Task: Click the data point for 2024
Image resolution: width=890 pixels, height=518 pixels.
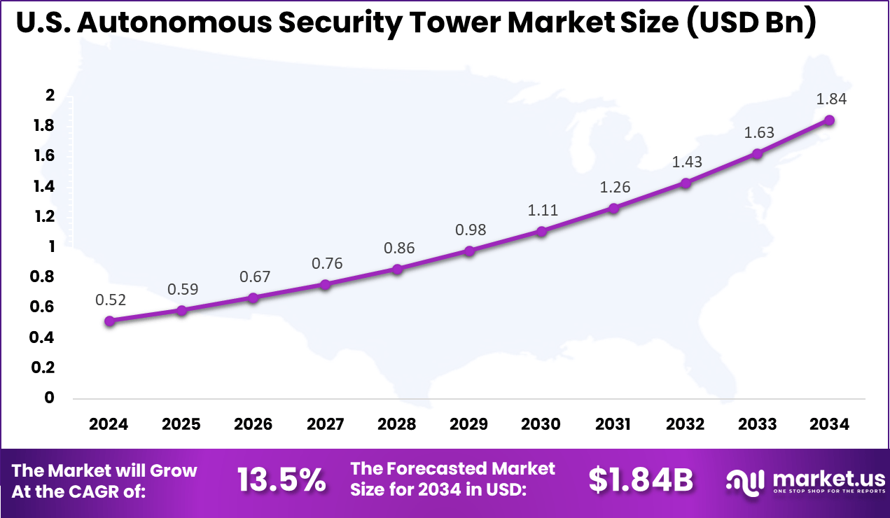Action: tap(109, 321)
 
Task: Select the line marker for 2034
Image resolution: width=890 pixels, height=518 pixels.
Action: tap(829, 120)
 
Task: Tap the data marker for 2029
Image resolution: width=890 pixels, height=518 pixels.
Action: tap(469, 251)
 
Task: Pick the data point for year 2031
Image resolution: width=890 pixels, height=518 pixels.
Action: tap(613, 208)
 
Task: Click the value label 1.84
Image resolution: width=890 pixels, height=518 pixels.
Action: tap(831, 99)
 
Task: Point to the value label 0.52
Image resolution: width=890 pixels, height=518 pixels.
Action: tap(111, 300)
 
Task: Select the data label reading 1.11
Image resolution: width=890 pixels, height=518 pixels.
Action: tap(541, 209)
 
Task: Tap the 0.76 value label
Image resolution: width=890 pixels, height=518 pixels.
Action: tap(326, 263)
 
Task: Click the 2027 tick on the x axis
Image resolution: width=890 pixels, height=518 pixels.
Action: tap(325, 424)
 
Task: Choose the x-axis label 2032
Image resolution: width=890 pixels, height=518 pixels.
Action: tap(685, 424)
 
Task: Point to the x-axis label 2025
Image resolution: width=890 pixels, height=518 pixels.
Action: tap(181, 424)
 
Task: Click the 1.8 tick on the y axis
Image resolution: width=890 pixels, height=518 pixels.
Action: tap(44, 126)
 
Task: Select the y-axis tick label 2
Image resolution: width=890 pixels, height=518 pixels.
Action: tap(50, 96)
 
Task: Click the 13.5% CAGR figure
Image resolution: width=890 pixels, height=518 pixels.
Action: tap(281, 480)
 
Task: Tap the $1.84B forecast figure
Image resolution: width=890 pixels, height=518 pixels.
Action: tap(640, 480)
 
